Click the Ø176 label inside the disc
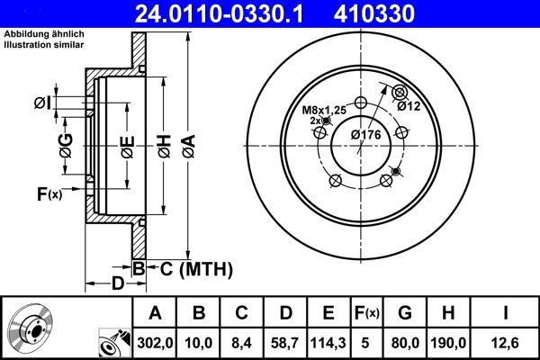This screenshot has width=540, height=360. point(367,134)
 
